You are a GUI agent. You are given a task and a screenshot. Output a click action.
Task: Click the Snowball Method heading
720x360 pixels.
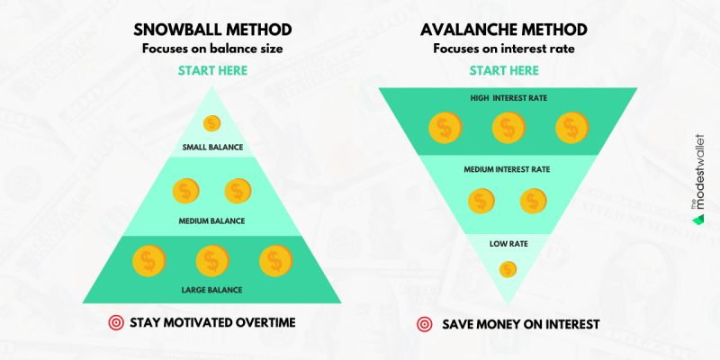pos(212,30)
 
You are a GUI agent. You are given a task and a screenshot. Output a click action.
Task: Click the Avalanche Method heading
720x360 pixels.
pos(504,30)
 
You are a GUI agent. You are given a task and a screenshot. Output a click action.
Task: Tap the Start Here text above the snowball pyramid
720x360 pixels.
pos(212,71)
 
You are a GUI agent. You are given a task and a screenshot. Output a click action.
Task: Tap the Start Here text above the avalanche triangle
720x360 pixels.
pos(504,71)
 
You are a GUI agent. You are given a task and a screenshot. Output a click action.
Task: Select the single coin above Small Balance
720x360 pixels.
pos(211,123)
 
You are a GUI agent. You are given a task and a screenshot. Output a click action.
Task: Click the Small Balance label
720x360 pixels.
pos(212,148)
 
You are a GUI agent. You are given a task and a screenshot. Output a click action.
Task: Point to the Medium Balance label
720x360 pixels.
pos(211,220)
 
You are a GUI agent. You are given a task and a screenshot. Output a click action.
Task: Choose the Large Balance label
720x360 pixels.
pos(211,290)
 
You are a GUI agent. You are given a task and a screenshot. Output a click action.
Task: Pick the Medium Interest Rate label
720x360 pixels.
pos(507,169)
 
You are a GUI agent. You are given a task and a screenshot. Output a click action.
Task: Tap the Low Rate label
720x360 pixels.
pos(508,244)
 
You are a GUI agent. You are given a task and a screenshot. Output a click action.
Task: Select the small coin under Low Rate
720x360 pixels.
pos(508,269)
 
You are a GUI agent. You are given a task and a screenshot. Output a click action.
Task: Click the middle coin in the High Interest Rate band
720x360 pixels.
pos(508,127)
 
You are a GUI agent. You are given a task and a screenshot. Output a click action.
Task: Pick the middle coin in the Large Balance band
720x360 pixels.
pos(212,261)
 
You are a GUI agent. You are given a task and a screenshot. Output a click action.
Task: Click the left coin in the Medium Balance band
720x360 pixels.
pos(186,191)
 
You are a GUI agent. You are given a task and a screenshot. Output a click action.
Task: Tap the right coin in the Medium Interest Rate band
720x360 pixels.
pos(534,201)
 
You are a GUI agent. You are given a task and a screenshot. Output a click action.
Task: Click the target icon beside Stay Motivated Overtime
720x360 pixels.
pos(116,323)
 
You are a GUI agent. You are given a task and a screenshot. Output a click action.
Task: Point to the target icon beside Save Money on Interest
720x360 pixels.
pos(425,324)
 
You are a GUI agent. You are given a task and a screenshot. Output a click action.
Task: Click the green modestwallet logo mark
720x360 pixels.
pos(698,219)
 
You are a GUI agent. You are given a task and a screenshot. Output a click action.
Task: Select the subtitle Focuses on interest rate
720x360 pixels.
pos(504,49)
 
